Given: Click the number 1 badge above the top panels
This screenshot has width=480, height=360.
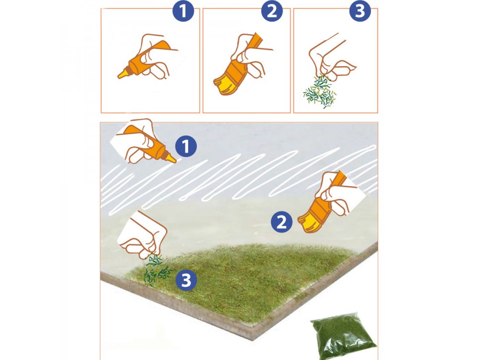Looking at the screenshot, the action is [183, 11].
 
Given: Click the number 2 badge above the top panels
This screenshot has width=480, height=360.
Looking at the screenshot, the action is [272, 11].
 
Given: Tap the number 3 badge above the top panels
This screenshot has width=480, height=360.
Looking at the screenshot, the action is [360, 11].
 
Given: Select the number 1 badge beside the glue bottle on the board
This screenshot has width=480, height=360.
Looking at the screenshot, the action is [186, 146].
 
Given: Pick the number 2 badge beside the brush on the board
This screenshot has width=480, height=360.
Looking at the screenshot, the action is [282, 222].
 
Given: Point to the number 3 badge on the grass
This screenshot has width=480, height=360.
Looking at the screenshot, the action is [186, 280].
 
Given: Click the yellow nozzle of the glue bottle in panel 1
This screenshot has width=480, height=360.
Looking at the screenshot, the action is [123, 73].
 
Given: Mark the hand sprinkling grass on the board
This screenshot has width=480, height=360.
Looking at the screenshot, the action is [143, 235].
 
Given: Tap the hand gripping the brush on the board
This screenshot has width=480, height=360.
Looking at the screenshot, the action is [337, 192].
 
